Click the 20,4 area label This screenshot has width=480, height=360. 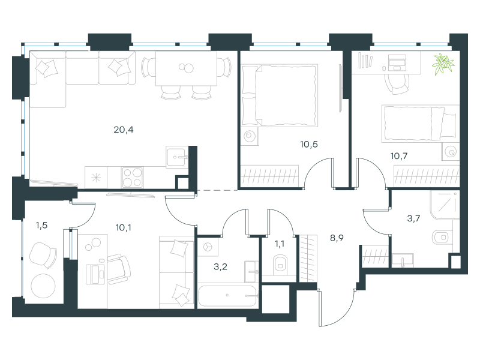[x=124, y=130]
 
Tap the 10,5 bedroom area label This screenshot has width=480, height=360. [x=309, y=144]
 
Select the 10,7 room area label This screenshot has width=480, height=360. [x=399, y=156]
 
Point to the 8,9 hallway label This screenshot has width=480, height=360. [x=337, y=238]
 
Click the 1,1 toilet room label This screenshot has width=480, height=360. [x=280, y=244]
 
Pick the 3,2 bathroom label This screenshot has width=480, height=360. [x=220, y=266]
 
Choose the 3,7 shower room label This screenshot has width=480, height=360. [x=413, y=218]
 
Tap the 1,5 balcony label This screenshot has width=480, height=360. [x=41, y=226]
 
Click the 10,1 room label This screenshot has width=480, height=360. [x=124, y=227]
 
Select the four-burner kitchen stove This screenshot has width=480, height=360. [x=132, y=177]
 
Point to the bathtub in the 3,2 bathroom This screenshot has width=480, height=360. [x=227, y=296]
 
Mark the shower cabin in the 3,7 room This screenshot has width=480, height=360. [x=445, y=205]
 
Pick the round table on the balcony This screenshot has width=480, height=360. [x=43, y=286]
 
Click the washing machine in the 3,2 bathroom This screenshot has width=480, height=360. [x=208, y=247]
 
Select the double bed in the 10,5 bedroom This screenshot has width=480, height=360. [x=280, y=95]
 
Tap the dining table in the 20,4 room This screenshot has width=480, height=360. [x=186, y=68]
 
